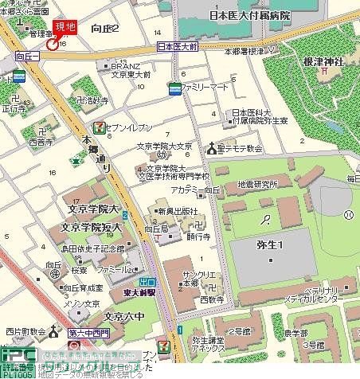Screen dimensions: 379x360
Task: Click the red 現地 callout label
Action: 65,29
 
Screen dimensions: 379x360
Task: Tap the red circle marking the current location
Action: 52,45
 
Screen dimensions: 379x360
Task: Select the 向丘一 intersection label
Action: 27,57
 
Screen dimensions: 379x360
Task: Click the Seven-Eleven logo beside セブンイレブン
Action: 97,127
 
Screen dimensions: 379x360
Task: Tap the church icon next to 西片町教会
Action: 55,330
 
